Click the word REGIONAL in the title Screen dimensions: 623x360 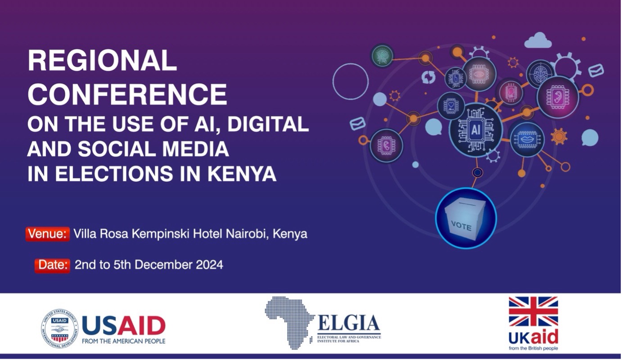point(102,61)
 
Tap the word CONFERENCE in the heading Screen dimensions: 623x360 point(127,94)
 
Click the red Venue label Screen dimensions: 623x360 point(48,234)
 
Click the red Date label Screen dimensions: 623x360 point(52,265)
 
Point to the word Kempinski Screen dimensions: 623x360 point(160,234)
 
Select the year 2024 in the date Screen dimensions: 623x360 point(209,265)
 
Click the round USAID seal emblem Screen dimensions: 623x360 point(59,328)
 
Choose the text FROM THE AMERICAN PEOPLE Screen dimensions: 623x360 point(123,341)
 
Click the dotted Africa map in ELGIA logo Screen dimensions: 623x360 point(289,323)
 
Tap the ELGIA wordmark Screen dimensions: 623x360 point(349,323)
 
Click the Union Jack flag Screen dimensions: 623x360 point(533,311)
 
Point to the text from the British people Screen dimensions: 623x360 point(533,348)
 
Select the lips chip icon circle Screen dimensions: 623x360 point(527,139)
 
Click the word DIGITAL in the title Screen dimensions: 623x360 point(268,124)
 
